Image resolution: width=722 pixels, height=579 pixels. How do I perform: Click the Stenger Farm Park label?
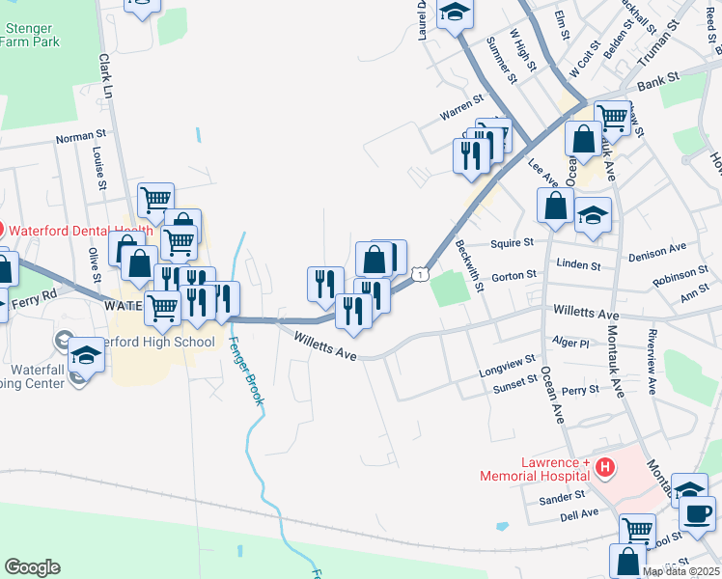coord(31,36)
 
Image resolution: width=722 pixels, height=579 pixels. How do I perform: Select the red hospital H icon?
coord(605,469)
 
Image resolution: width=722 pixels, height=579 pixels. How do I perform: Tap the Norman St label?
coord(80,137)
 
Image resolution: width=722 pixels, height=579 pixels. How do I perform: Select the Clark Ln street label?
coord(106,77)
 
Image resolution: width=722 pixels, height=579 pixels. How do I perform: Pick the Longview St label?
coord(507,367)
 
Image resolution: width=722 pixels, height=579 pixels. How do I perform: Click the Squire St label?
coord(513,243)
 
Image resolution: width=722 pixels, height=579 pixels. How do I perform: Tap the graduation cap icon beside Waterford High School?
coord(86,357)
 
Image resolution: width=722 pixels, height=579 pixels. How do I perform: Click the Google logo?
coord(32,567)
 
